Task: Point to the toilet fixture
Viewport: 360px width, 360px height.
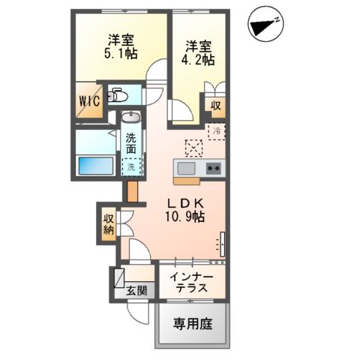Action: [x=120, y=95]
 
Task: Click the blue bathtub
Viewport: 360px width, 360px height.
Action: [x=95, y=165]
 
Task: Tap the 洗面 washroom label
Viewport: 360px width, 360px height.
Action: [x=131, y=143]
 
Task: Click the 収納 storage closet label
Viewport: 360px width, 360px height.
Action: [x=108, y=223]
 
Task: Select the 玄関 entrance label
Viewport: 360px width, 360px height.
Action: [x=136, y=291]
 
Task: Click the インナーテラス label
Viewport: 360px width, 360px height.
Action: [x=191, y=283]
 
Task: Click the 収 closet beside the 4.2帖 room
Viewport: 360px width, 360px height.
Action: [x=214, y=106]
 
